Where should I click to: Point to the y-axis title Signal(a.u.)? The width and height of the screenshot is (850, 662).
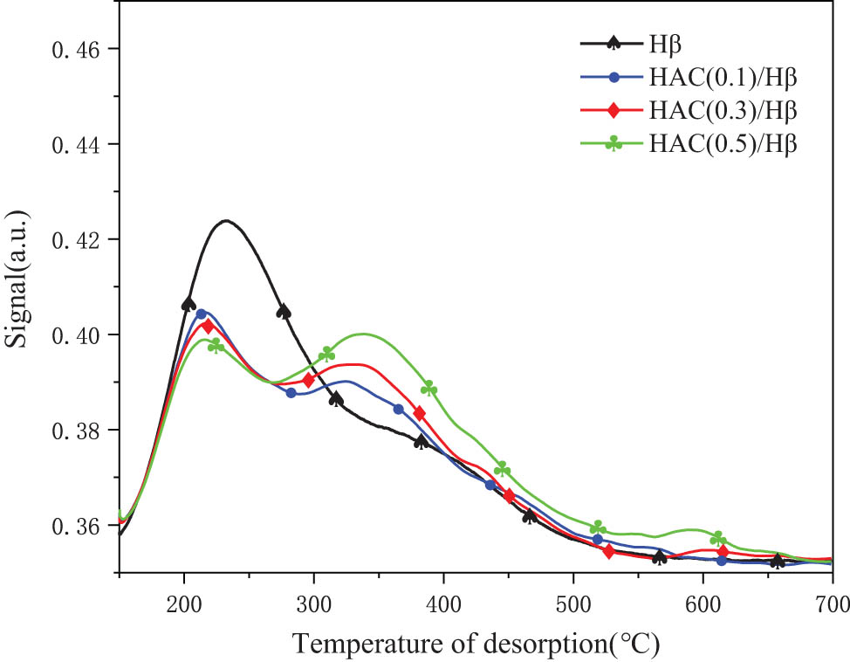19,287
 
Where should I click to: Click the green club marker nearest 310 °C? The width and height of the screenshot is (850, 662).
326,354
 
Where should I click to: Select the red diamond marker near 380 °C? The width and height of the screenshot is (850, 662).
419,413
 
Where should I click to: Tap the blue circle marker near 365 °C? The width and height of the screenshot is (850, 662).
399,409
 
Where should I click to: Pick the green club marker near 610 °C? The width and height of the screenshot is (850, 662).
717,538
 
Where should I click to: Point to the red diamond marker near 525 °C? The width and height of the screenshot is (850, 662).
608,551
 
